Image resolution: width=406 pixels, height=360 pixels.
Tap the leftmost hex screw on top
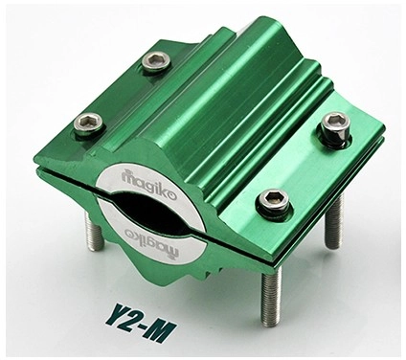click(x=89, y=124)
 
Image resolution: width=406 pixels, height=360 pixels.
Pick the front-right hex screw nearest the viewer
click(x=274, y=200)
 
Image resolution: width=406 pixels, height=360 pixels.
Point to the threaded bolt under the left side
click(x=94, y=230)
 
